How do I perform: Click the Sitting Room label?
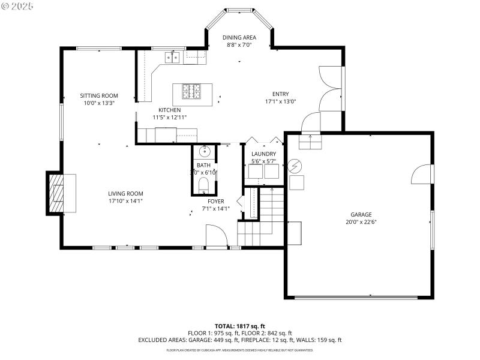(x=99, y=95)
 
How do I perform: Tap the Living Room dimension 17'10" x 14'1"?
(x=125, y=201)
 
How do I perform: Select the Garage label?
(x=361, y=214)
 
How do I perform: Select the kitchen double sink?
(x=173, y=57)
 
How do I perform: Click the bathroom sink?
(x=204, y=150)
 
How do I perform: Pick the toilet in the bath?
(x=203, y=183)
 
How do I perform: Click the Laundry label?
(x=263, y=154)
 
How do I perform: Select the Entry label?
(x=280, y=94)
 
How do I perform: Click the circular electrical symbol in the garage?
(x=295, y=165)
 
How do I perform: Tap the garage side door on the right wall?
(x=422, y=174)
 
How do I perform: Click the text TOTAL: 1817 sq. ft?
(x=239, y=326)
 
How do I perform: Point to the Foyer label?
(x=215, y=201)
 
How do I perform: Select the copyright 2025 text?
(x=17, y=5)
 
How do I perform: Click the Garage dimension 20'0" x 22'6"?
(x=361, y=221)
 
